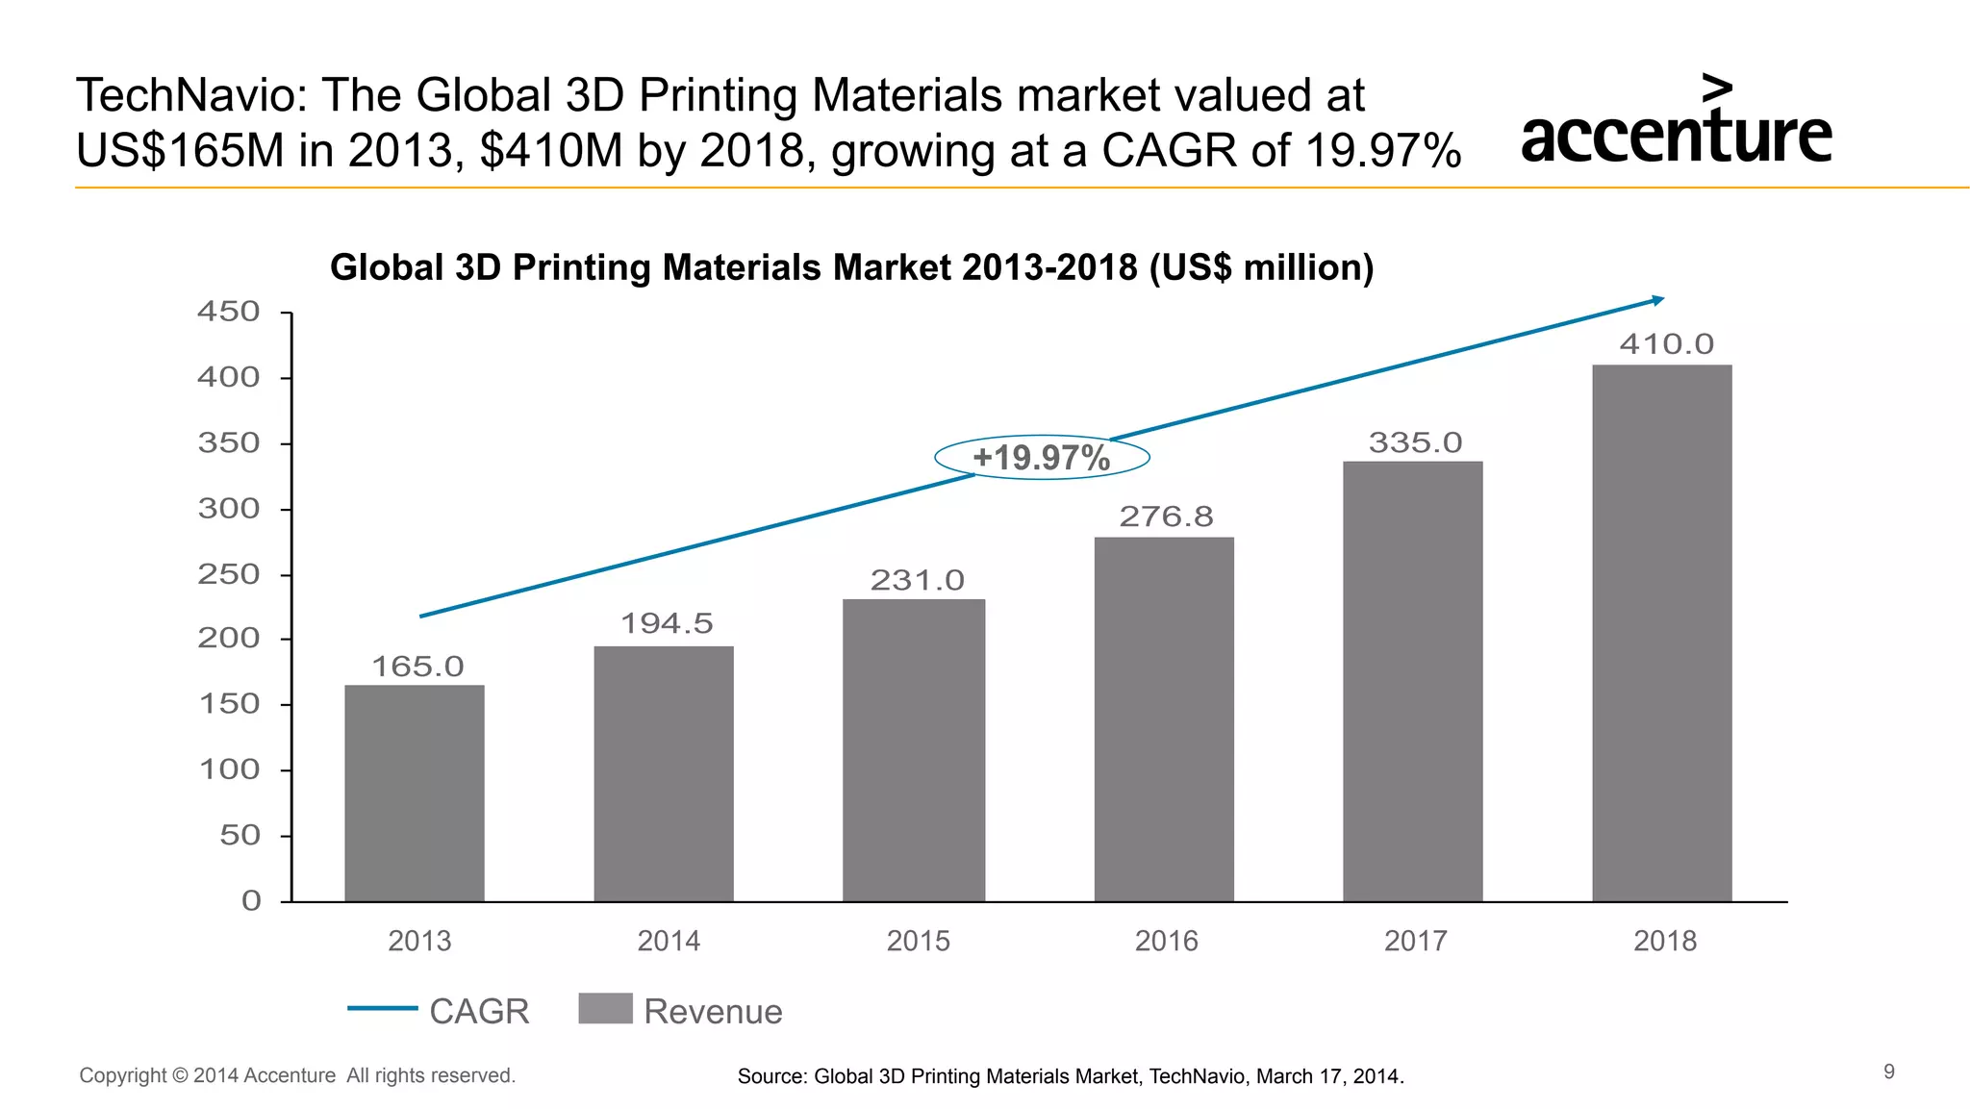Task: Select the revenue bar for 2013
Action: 415,793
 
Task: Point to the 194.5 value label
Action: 667,623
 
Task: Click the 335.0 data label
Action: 1415,442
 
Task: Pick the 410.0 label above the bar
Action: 1666,344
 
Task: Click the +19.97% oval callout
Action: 1042,457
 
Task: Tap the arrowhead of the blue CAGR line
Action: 1657,301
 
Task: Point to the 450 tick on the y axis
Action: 229,312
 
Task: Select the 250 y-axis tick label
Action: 229,574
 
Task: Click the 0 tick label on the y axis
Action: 251,901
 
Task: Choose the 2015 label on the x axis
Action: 918,941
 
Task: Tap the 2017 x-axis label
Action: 1415,941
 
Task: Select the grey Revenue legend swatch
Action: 605,1008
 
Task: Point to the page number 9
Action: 1888,1071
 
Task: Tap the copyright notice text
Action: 297,1075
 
